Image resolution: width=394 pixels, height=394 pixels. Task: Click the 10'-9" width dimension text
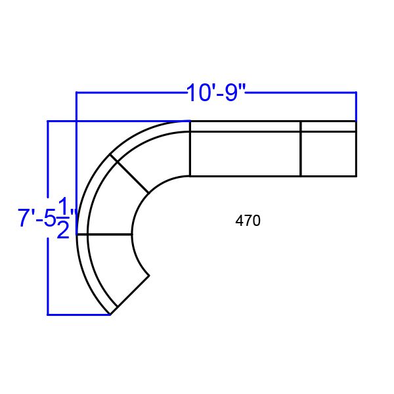(215, 93)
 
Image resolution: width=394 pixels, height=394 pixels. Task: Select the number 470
(248, 221)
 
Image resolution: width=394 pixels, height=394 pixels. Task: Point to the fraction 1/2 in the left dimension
(64, 218)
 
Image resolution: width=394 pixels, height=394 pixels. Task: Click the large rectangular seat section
(245, 154)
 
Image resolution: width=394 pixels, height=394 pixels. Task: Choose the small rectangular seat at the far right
(328, 154)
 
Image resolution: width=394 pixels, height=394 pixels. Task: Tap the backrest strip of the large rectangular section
(245, 126)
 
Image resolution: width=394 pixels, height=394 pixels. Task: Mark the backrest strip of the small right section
(328, 126)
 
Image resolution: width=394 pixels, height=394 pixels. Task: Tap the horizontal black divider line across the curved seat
(109, 234)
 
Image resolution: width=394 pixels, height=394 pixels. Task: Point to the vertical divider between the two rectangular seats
(301, 148)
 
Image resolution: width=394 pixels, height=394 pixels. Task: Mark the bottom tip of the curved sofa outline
(110, 315)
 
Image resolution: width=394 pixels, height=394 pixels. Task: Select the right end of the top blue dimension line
(356, 93)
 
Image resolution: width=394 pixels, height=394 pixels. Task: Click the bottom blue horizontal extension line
(77, 315)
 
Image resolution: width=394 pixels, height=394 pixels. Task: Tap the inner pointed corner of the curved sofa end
(149, 275)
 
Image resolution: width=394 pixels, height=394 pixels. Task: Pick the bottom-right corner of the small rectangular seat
(356, 176)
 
